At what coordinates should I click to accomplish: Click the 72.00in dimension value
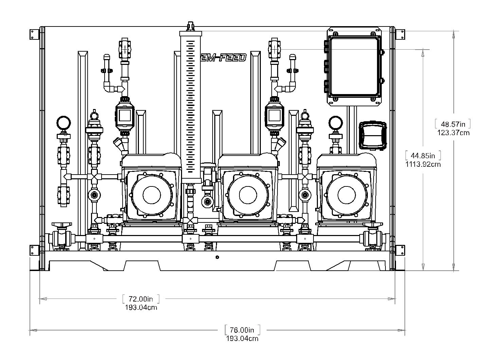pos(141,299)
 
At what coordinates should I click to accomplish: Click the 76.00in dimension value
pos(242,330)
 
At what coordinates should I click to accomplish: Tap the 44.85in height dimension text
pos(423,156)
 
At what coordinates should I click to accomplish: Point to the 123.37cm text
pos(453,132)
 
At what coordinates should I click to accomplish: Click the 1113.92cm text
pos(423,164)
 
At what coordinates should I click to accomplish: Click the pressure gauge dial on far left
pos(64,123)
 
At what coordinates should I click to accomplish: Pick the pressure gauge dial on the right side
pos(336,123)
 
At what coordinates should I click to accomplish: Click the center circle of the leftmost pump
pos(151,195)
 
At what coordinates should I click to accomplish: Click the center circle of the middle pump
pos(248,195)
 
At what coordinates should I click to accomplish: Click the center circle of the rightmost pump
pos(346,195)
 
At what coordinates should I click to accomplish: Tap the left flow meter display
pos(125,115)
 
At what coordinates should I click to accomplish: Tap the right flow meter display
pos(274,115)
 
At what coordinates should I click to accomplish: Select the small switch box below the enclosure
pos(373,135)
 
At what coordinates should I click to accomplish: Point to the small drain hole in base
pos(217,257)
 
